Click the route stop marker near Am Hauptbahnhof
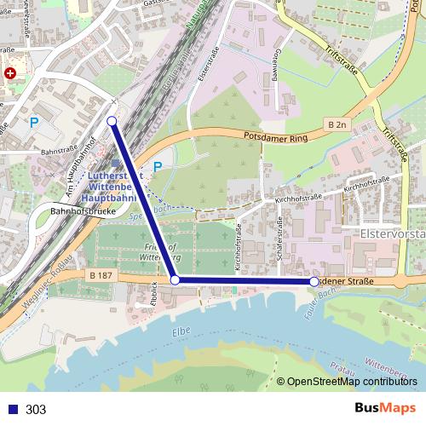112,121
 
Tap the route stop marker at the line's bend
175,279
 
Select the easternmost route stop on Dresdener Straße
314,280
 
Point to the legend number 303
36,409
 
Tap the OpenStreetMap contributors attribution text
352,382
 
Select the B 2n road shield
338,124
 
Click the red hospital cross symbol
9,74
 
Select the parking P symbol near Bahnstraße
34,123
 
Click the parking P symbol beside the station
157,167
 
